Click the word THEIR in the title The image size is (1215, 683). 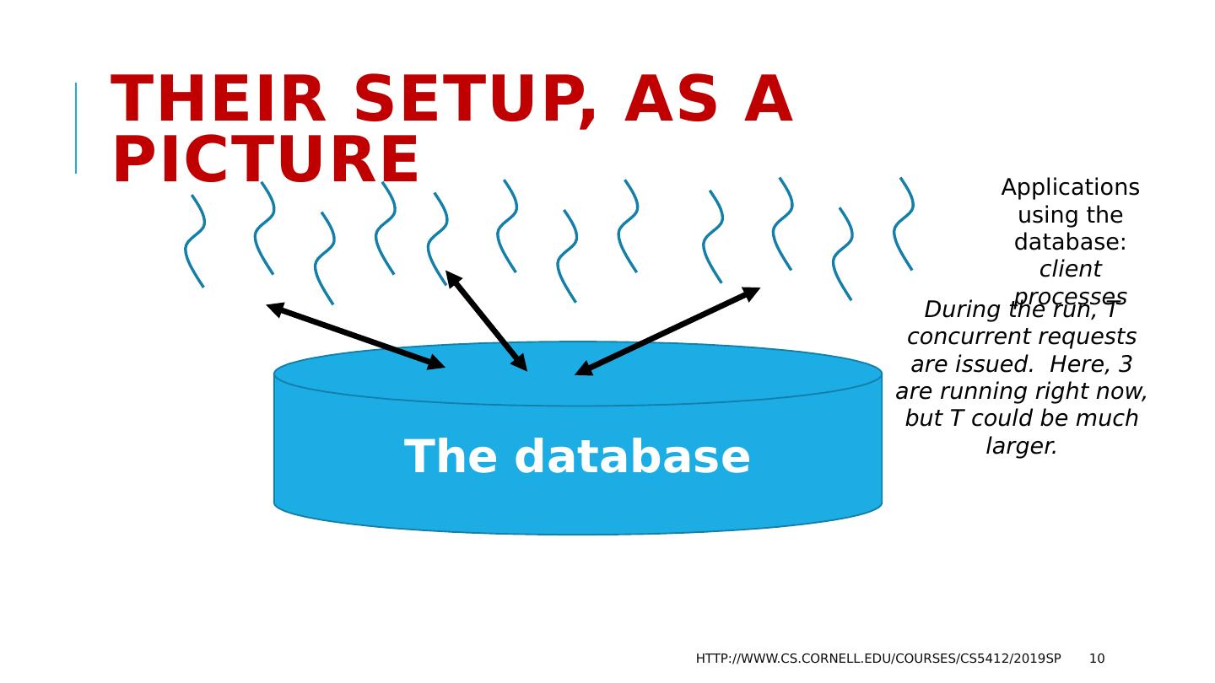point(219,100)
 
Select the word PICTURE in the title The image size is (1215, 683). point(266,161)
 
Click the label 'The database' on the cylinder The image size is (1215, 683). point(577,457)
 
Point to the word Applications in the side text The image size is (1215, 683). point(1070,187)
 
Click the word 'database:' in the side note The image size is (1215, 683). point(1070,242)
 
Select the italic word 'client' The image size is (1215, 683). point(1070,269)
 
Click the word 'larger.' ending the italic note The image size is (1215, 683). point(1021,446)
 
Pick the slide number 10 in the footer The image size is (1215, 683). point(1096,659)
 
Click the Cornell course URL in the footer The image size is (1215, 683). point(878,659)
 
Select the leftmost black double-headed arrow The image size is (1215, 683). point(355,336)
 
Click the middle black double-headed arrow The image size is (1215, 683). point(486,320)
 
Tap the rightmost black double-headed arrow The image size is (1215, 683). point(667,331)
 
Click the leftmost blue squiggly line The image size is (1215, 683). point(194,241)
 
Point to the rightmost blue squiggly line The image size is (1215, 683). point(904,223)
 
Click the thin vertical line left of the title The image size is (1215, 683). point(76,128)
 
